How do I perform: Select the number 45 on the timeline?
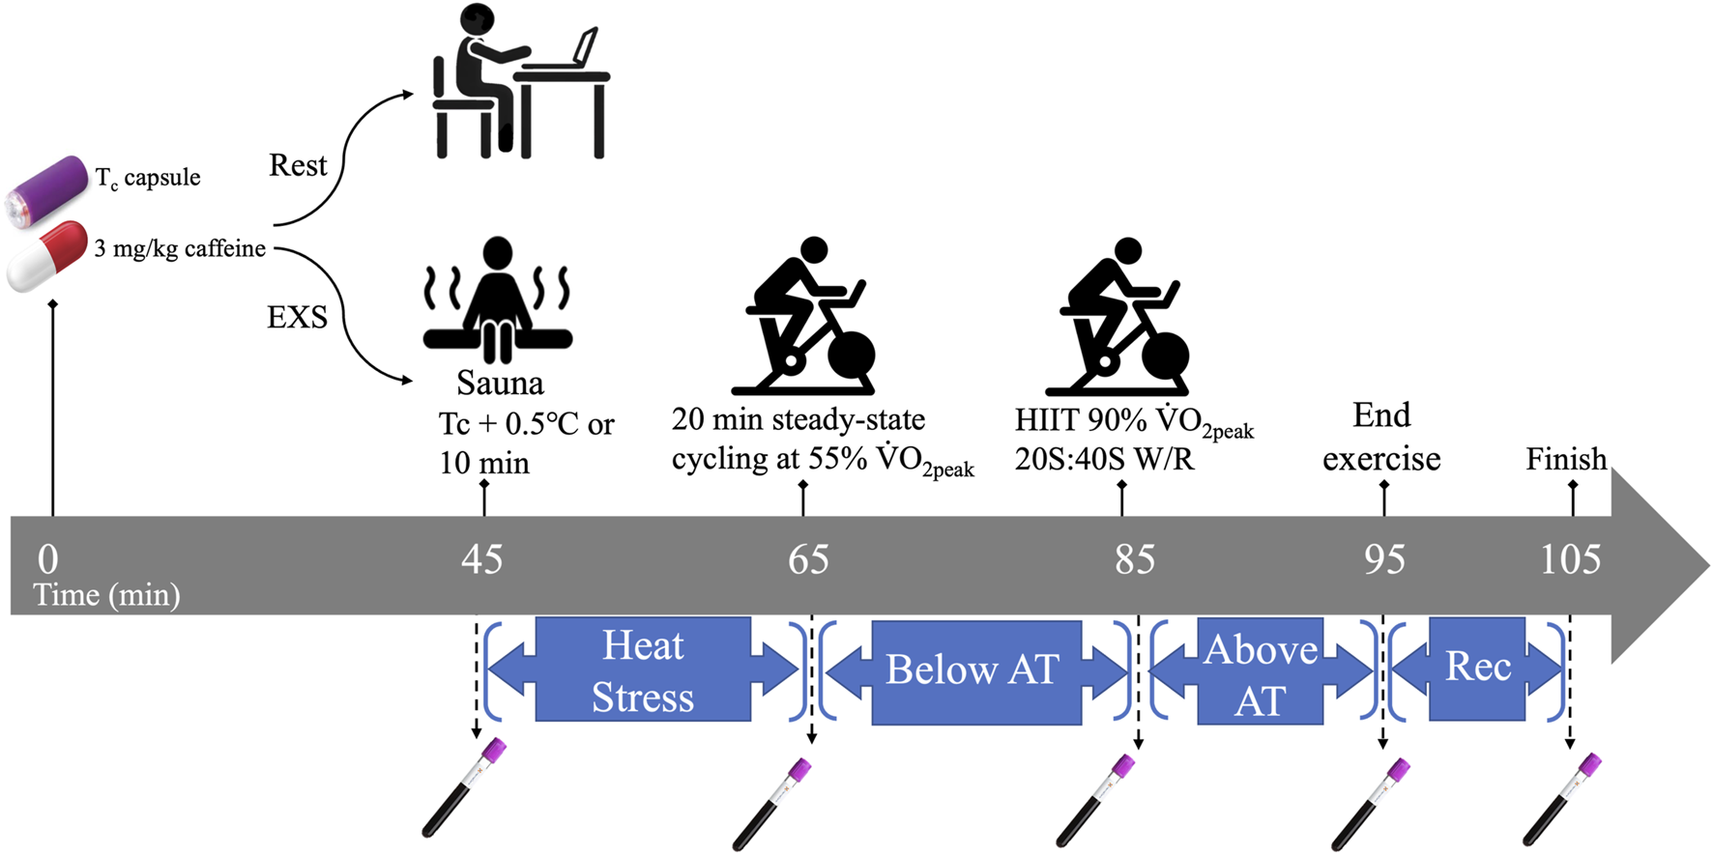[x=481, y=559]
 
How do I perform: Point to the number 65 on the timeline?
[x=808, y=559]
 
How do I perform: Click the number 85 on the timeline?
[x=1134, y=559]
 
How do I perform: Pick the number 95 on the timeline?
[x=1384, y=559]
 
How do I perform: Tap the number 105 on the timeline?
[x=1570, y=559]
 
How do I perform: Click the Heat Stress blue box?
[x=643, y=670]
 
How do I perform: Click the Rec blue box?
[x=1477, y=668]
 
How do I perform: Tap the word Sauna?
[x=500, y=384]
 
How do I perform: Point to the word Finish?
[x=1566, y=459]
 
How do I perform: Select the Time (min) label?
[x=106, y=595]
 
